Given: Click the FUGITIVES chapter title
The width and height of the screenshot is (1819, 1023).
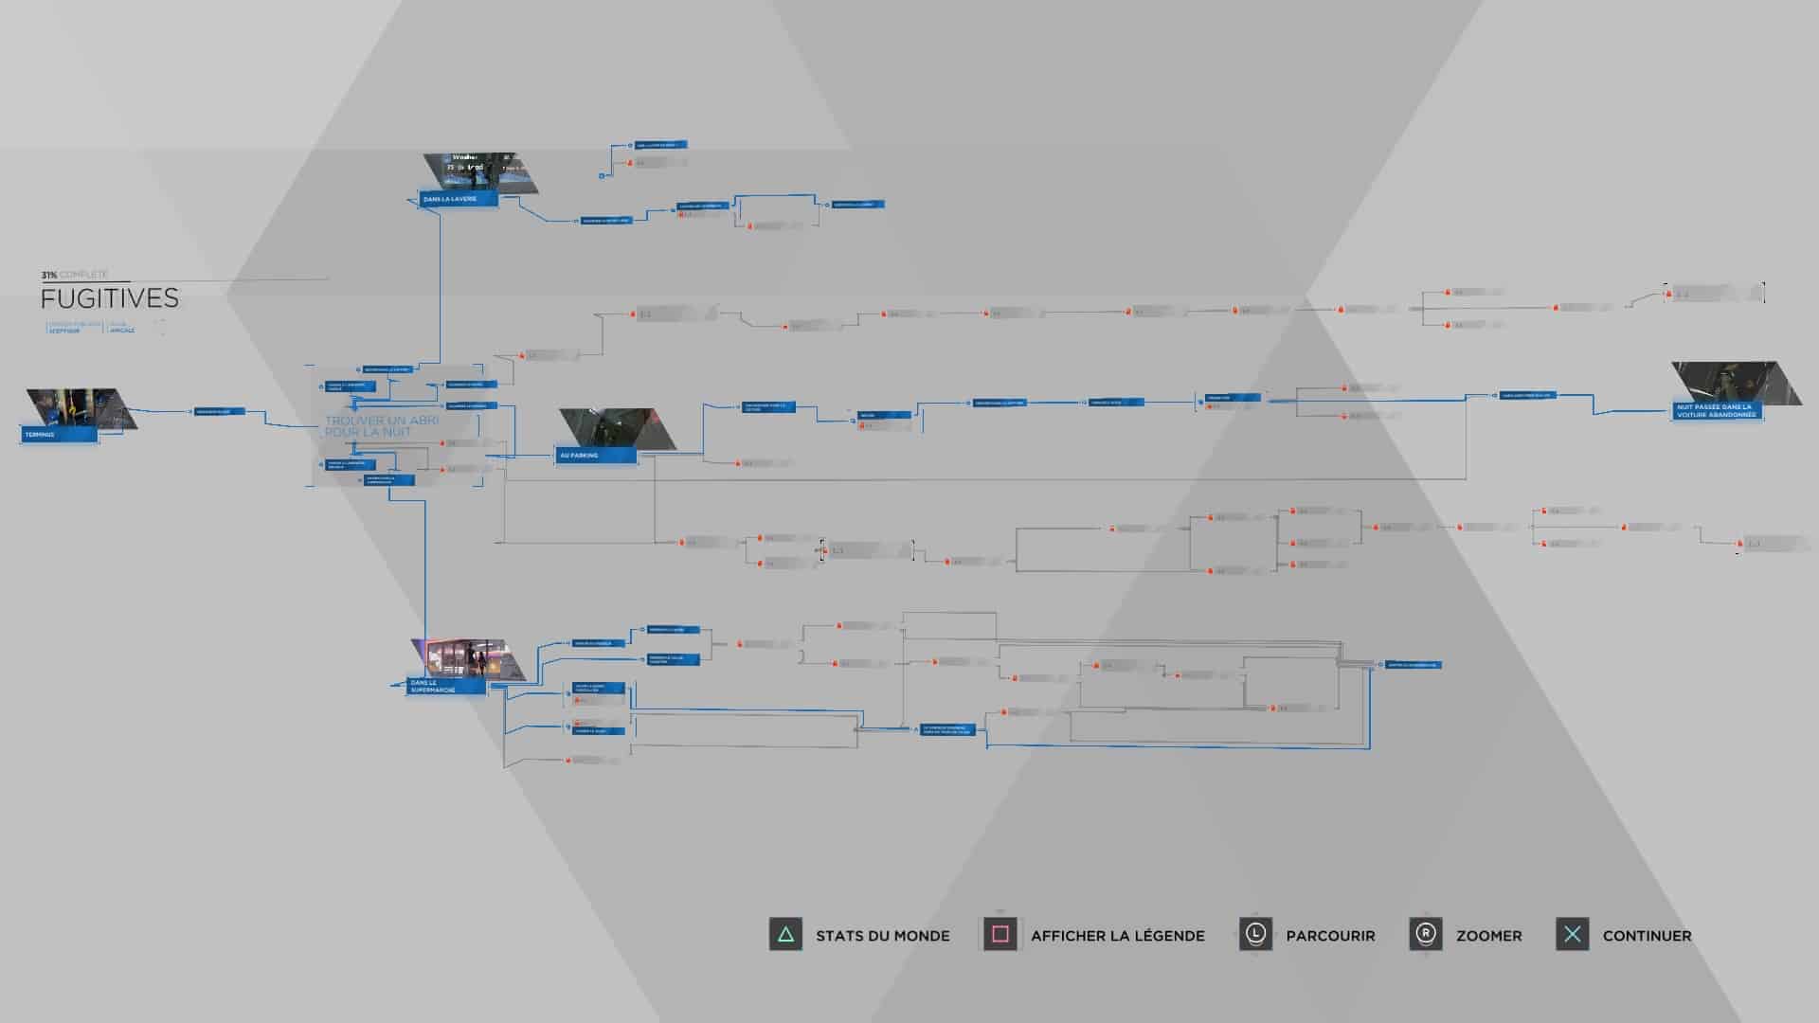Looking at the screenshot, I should (x=110, y=298).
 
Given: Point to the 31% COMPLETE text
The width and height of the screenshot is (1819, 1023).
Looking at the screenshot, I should (x=74, y=275).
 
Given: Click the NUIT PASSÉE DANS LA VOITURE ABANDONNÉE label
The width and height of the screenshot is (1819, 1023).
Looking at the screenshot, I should (x=1717, y=411).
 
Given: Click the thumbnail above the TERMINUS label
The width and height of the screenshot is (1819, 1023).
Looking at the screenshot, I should (x=80, y=407).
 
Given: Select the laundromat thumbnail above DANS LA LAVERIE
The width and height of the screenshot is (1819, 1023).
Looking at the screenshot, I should (x=481, y=172).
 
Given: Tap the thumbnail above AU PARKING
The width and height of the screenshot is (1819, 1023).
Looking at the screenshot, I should (x=618, y=428).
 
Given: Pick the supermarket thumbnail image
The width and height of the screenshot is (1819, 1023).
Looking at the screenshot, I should (x=467, y=658).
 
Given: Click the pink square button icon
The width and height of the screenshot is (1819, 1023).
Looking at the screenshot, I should (x=1000, y=935).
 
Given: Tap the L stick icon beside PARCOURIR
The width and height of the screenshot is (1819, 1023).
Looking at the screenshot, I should (x=1255, y=935).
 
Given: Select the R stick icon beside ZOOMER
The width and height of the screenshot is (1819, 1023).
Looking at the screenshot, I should (x=1426, y=935).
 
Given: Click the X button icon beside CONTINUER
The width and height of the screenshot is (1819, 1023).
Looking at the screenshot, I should (x=1573, y=935).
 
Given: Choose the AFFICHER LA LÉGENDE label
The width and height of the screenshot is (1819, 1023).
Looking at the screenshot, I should (x=1118, y=936).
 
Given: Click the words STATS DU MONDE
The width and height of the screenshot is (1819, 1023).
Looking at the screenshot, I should (x=882, y=936).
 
